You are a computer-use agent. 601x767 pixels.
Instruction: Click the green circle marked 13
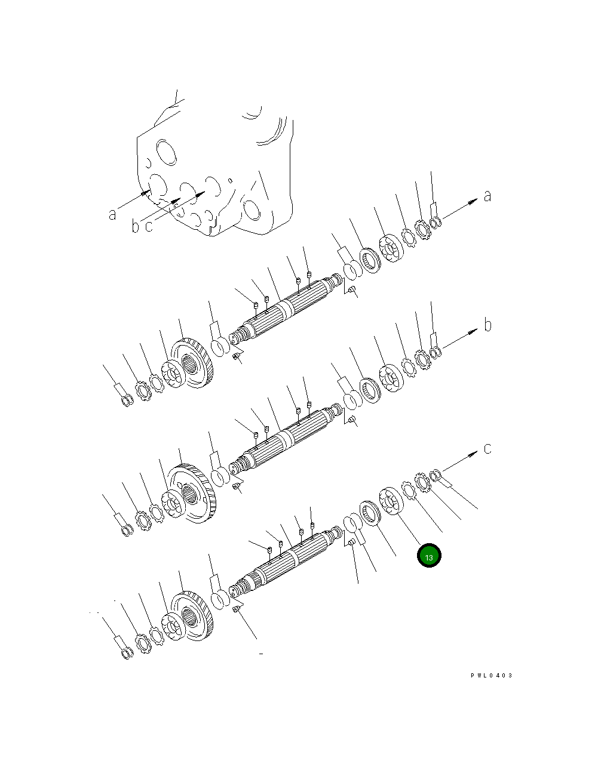[x=428, y=556]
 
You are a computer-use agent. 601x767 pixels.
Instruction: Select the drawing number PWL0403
[x=491, y=676]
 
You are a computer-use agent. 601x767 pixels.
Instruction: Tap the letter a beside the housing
[x=112, y=213]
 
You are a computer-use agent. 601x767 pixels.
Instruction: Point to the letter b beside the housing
[x=136, y=226]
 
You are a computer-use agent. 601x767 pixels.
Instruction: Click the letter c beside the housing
[x=149, y=226]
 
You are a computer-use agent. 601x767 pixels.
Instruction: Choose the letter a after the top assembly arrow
[x=487, y=196]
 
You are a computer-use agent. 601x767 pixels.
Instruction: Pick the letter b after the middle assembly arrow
[x=487, y=325]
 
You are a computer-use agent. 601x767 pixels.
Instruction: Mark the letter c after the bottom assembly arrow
[x=487, y=448]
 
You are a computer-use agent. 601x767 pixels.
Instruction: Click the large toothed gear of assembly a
[x=192, y=364]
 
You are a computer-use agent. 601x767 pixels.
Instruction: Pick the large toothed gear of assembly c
[x=192, y=615]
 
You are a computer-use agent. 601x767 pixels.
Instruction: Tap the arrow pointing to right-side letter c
[x=460, y=461]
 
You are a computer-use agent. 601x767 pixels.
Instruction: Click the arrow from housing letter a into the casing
[x=133, y=200]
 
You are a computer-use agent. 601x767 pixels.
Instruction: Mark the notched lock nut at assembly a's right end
[x=423, y=230]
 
